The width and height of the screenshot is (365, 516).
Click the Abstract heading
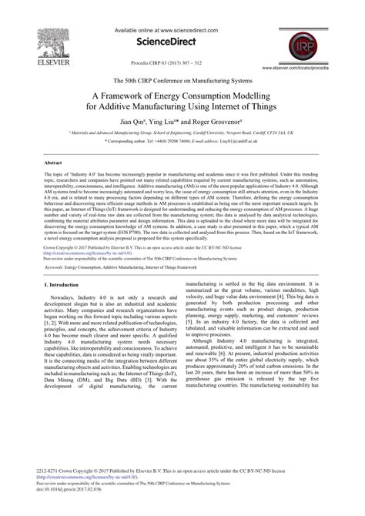tap(53, 163)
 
